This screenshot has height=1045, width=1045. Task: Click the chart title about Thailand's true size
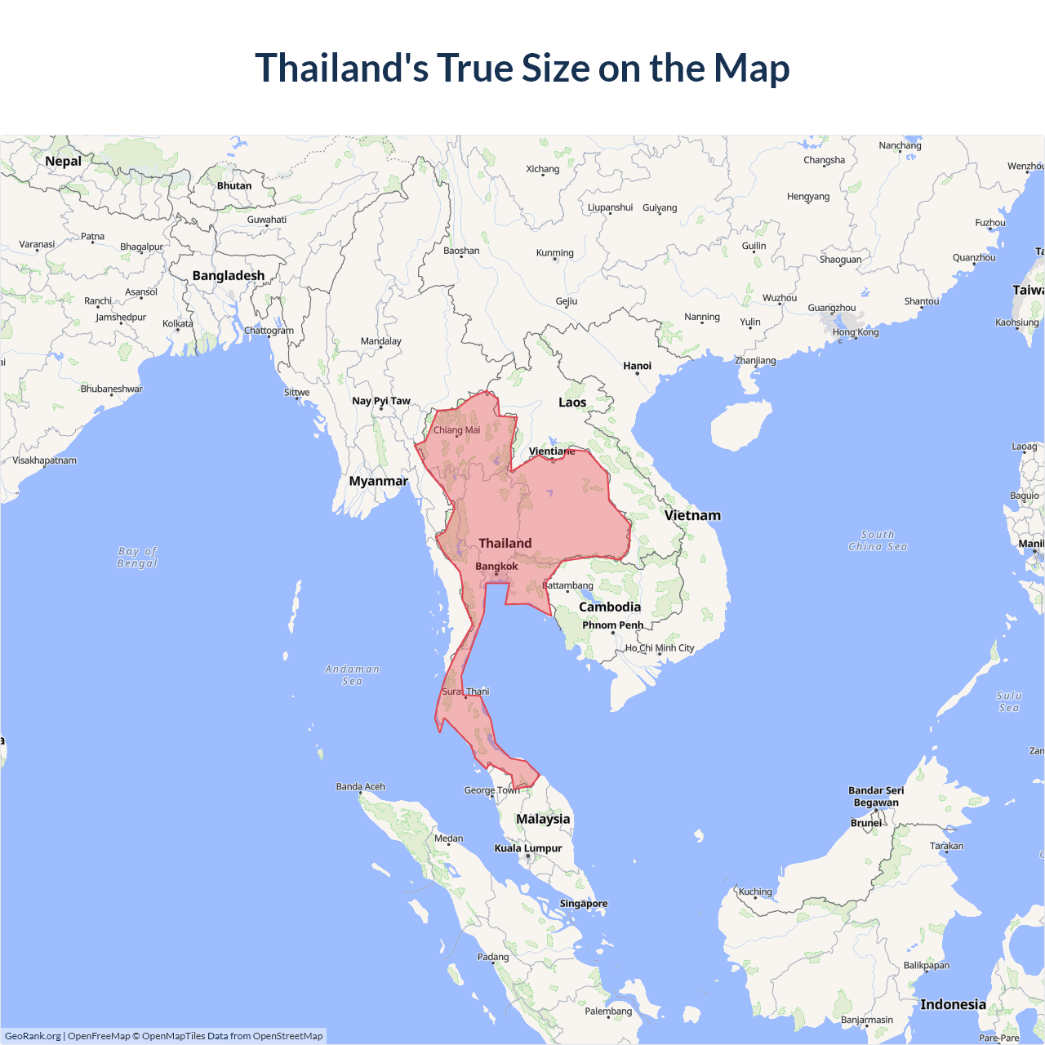(x=522, y=68)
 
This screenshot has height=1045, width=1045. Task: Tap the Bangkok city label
(x=496, y=567)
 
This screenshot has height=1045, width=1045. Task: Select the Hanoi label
(x=637, y=366)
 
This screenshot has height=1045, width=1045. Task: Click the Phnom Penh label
(x=612, y=625)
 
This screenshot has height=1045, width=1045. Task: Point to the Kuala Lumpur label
(x=528, y=848)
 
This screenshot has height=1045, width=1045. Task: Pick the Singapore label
(x=583, y=904)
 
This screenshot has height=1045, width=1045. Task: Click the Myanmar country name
(x=378, y=481)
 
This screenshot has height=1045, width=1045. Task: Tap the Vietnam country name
(x=692, y=515)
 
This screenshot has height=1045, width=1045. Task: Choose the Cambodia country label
(x=610, y=607)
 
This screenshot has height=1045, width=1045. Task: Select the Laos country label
(x=572, y=402)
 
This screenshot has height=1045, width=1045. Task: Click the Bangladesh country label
(x=229, y=275)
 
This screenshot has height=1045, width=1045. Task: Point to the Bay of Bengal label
(x=137, y=557)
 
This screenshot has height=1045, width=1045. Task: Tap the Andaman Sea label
(x=352, y=674)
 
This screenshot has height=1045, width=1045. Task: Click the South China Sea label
(x=878, y=540)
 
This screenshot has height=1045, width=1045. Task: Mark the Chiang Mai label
(x=456, y=430)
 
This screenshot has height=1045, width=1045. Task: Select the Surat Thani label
(x=465, y=691)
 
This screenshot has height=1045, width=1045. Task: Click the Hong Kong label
(x=856, y=332)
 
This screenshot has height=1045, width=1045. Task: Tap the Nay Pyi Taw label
(x=381, y=401)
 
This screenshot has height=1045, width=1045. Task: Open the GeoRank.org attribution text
(x=33, y=1036)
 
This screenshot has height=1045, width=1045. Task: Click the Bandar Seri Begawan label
(x=876, y=796)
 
